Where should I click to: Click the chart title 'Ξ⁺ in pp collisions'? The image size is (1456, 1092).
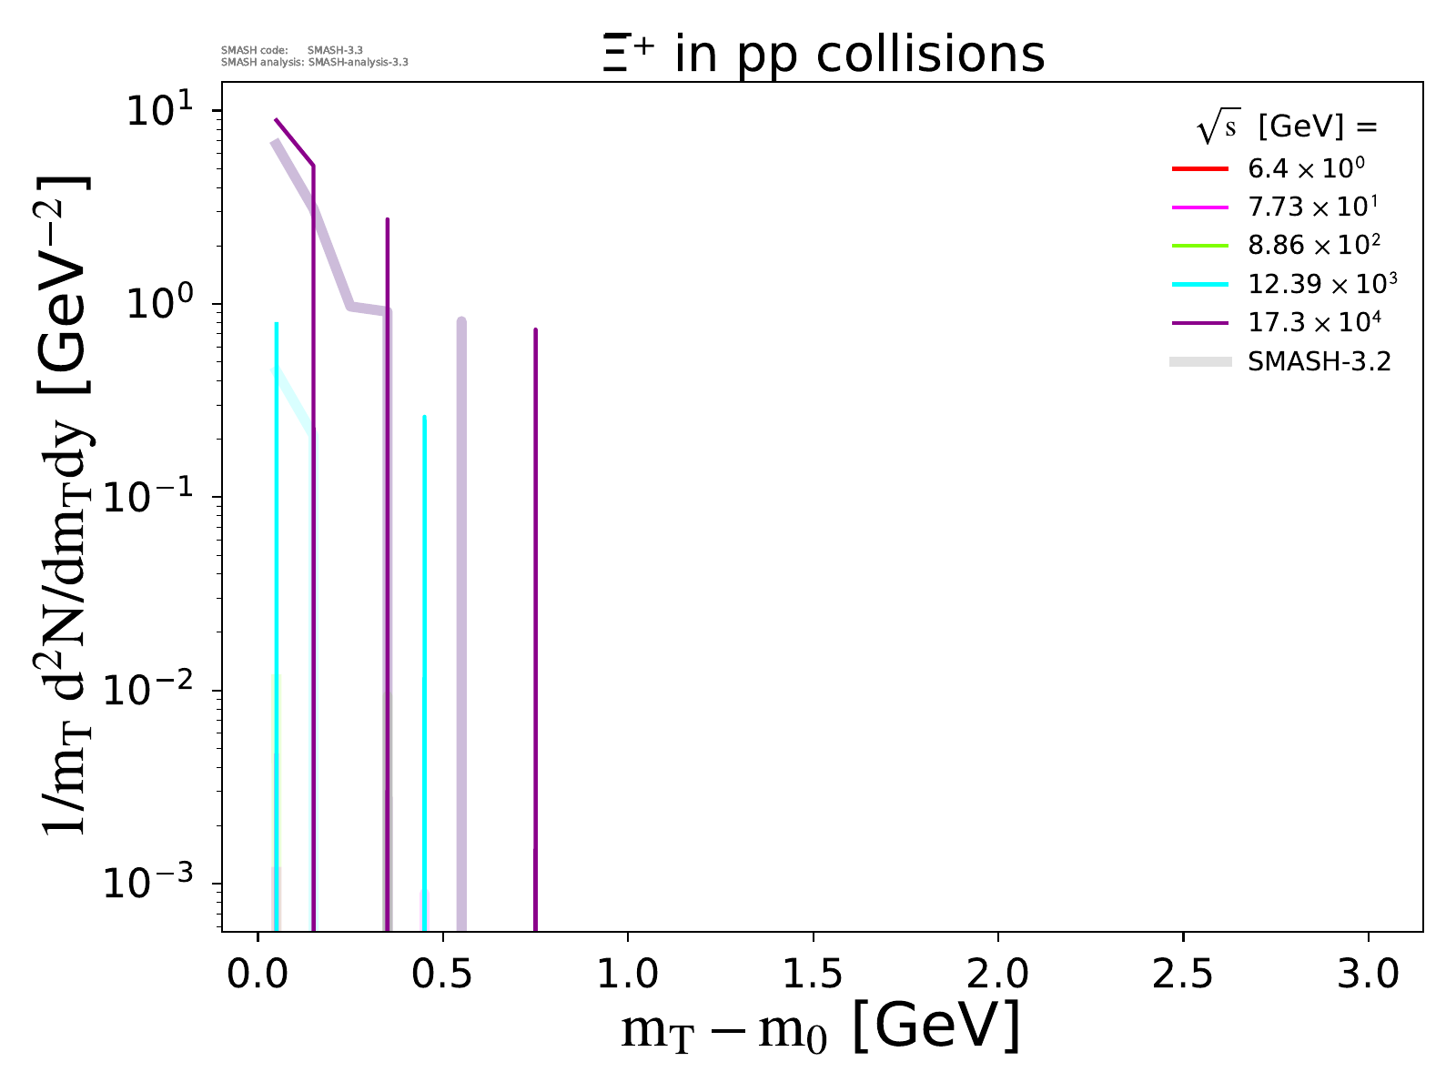point(824,55)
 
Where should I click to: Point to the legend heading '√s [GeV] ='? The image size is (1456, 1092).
point(1287,127)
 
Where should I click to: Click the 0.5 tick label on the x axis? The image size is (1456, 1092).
point(442,975)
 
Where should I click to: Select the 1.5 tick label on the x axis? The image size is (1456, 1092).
point(813,975)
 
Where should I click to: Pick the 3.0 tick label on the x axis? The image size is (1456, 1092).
point(1368,975)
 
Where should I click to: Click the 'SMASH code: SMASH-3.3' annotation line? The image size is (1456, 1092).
point(292,50)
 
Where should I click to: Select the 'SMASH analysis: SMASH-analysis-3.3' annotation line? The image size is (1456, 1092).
point(315,63)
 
